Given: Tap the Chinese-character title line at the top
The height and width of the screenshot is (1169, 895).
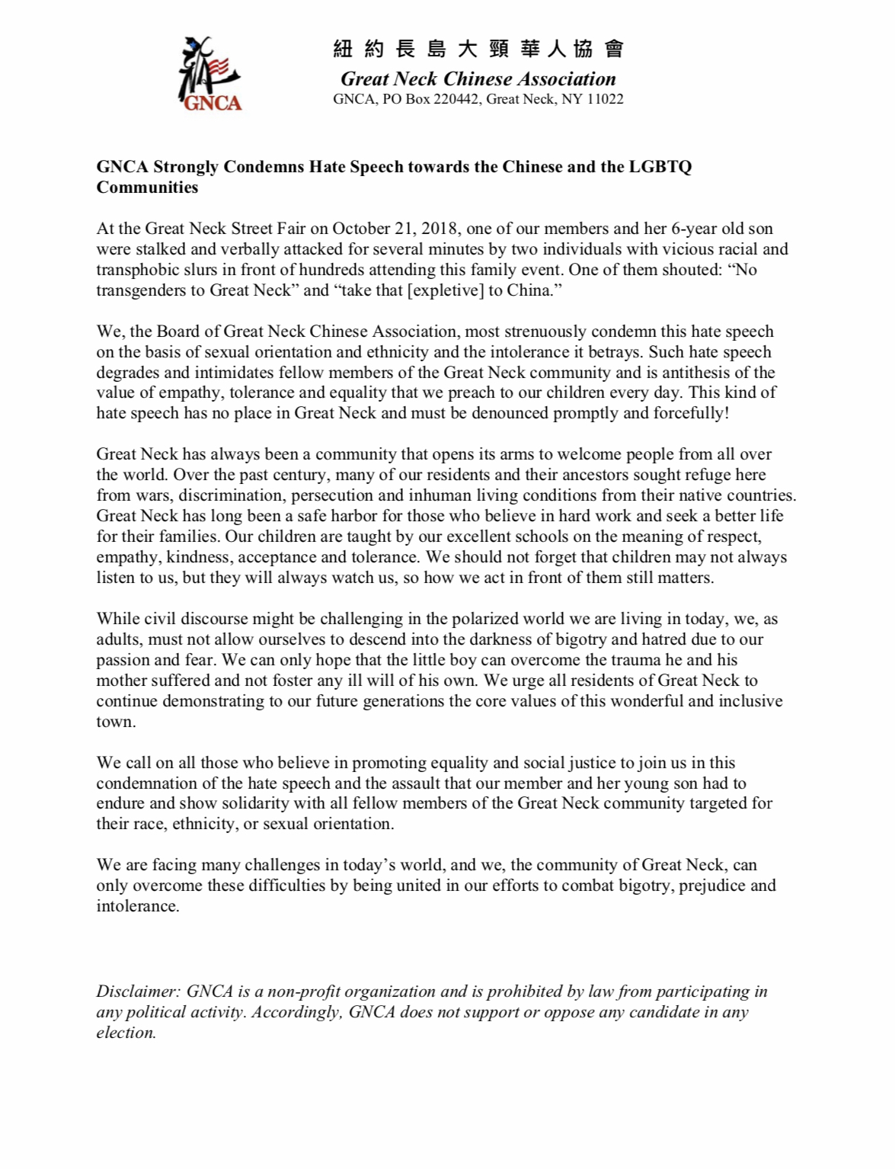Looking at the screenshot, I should [478, 50].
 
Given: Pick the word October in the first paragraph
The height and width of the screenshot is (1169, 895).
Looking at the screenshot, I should [360, 229].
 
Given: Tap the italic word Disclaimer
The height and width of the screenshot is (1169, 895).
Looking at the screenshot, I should [137, 991].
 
